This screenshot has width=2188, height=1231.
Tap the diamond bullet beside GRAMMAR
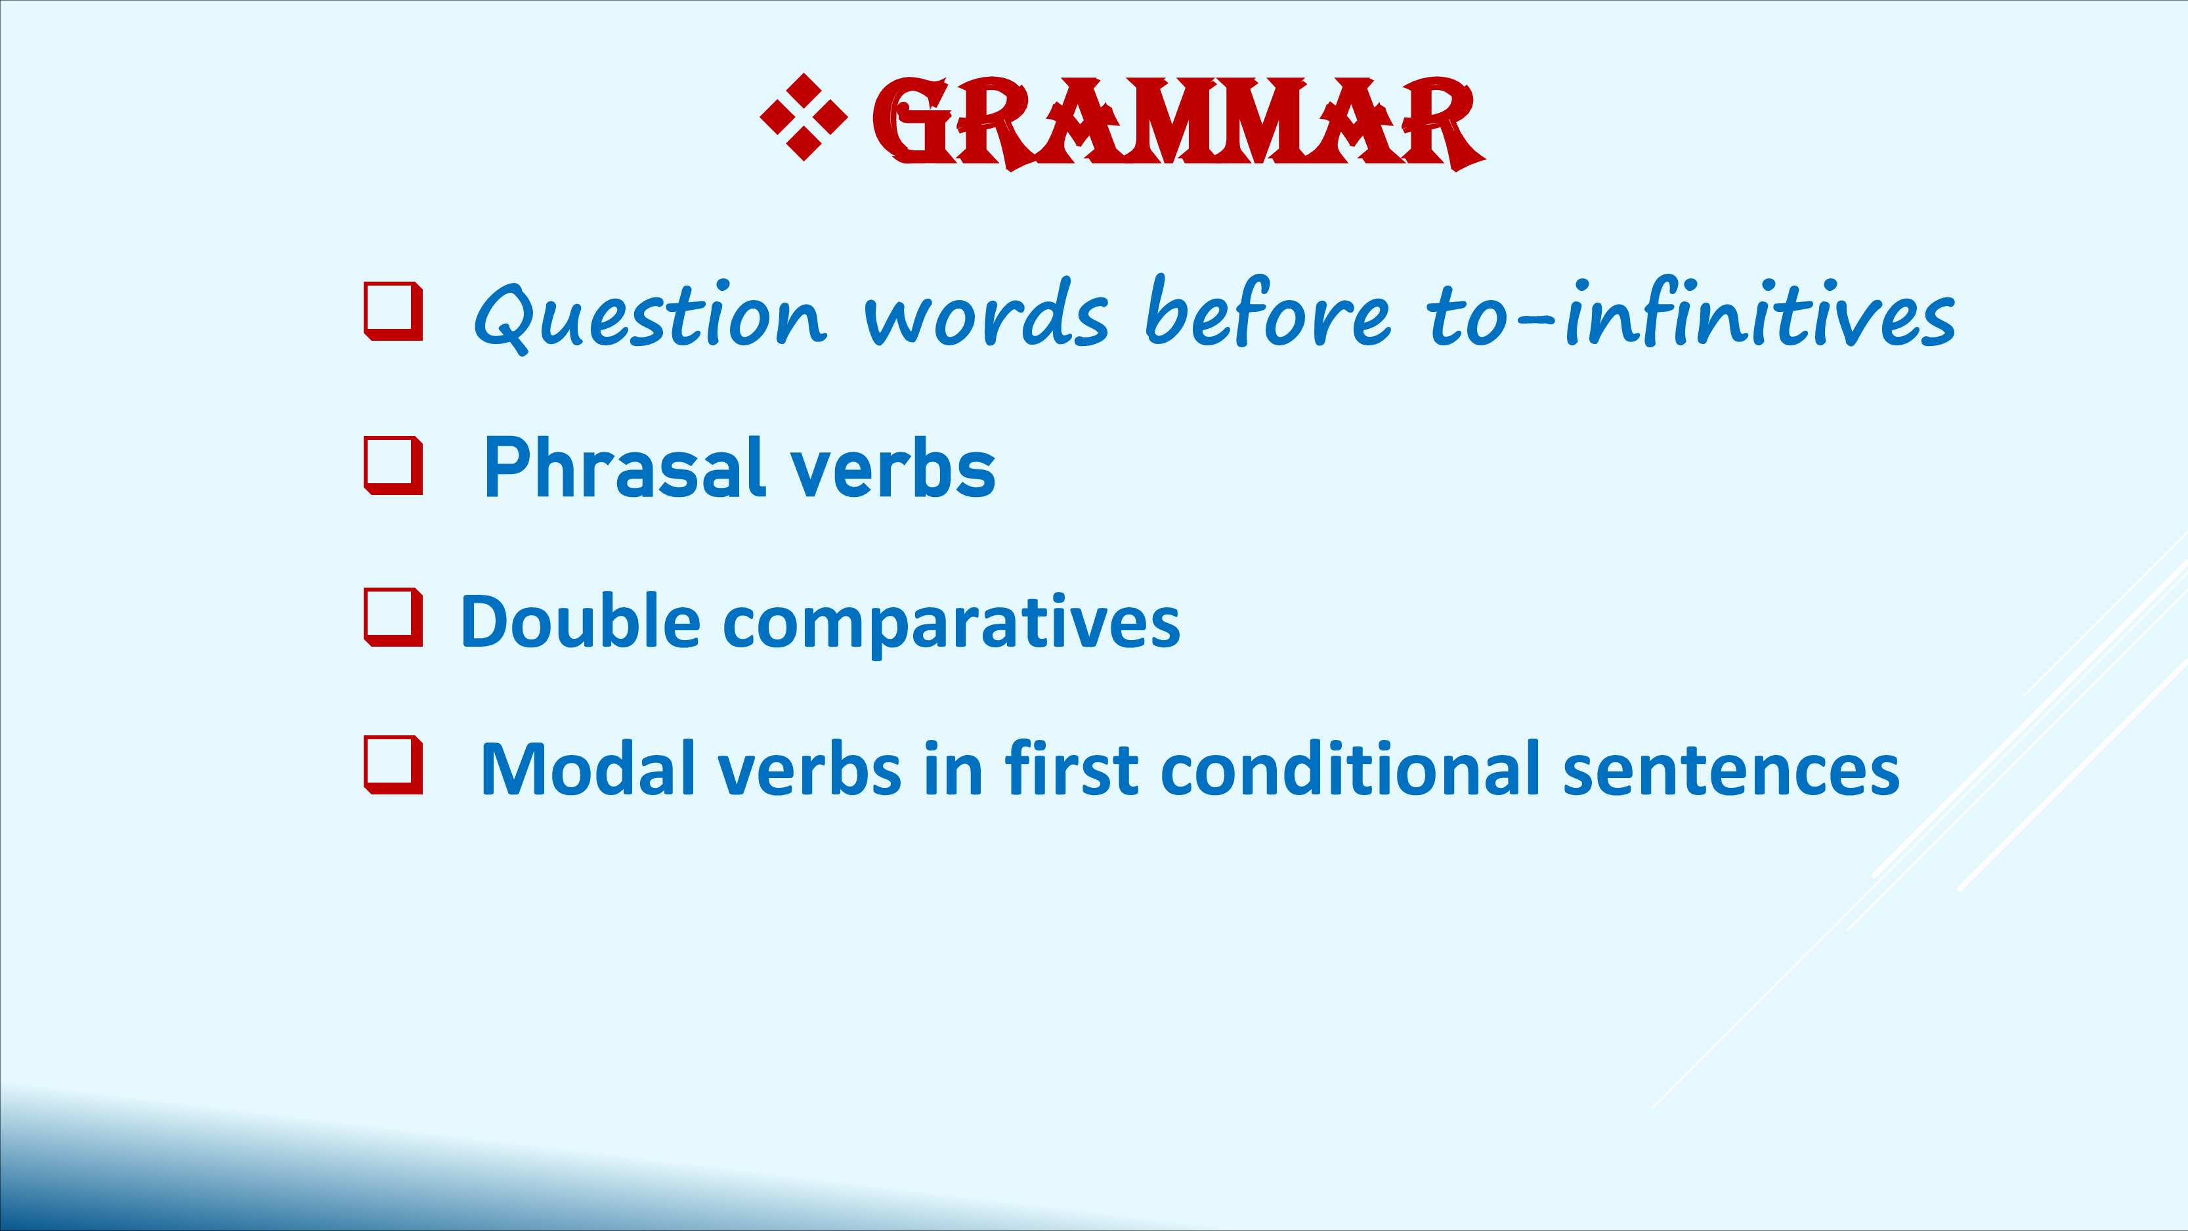click(804, 118)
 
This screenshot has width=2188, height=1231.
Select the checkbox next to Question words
click(393, 311)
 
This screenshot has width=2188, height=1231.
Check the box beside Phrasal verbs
click(393, 465)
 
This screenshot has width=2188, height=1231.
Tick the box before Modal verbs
click(393, 766)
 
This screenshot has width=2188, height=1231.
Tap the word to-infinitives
click(1691, 312)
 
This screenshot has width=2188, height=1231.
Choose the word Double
click(581, 620)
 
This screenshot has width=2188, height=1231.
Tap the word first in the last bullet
click(1072, 768)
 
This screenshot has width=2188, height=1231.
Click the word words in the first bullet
click(986, 312)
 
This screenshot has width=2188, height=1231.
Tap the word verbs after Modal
click(809, 768)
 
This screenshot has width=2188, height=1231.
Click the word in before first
click(954, 768)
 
